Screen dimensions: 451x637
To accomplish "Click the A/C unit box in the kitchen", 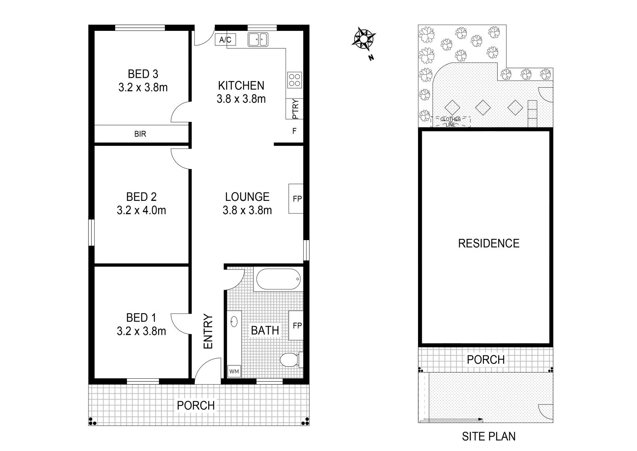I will [x=225, y=40].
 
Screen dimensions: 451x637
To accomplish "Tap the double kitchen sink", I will [x=258, y=40].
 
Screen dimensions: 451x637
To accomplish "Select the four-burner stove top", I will [x=295, y=80].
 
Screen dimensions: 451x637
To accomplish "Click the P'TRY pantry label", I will [x=295, y=109].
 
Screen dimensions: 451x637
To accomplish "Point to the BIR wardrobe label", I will [x=140, y=134].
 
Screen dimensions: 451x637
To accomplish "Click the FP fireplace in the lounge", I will [x=297, y=199].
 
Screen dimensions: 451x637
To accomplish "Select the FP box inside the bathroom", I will [x=297, y=326].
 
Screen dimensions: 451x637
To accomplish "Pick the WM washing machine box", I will [x=234, y=371].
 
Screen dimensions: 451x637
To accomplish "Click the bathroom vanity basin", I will [x=234, y=322].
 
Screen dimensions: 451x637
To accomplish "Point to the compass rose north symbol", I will [x=364, y=39].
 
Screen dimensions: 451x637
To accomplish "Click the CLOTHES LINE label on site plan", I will [x=451, y=122].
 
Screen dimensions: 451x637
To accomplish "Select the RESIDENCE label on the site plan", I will [x=488, y=243].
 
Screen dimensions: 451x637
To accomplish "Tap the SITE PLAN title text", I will [x=488, y=437].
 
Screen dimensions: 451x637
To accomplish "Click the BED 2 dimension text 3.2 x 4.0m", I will [x=141, y=210].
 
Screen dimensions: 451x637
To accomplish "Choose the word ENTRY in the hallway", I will [x=208, y=332].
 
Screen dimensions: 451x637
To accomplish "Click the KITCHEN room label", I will [x=241, y=86].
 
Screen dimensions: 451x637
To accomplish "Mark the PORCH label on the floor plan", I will [x=196, y=405].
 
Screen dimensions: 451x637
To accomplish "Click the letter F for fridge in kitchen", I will [x=294, y=131].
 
